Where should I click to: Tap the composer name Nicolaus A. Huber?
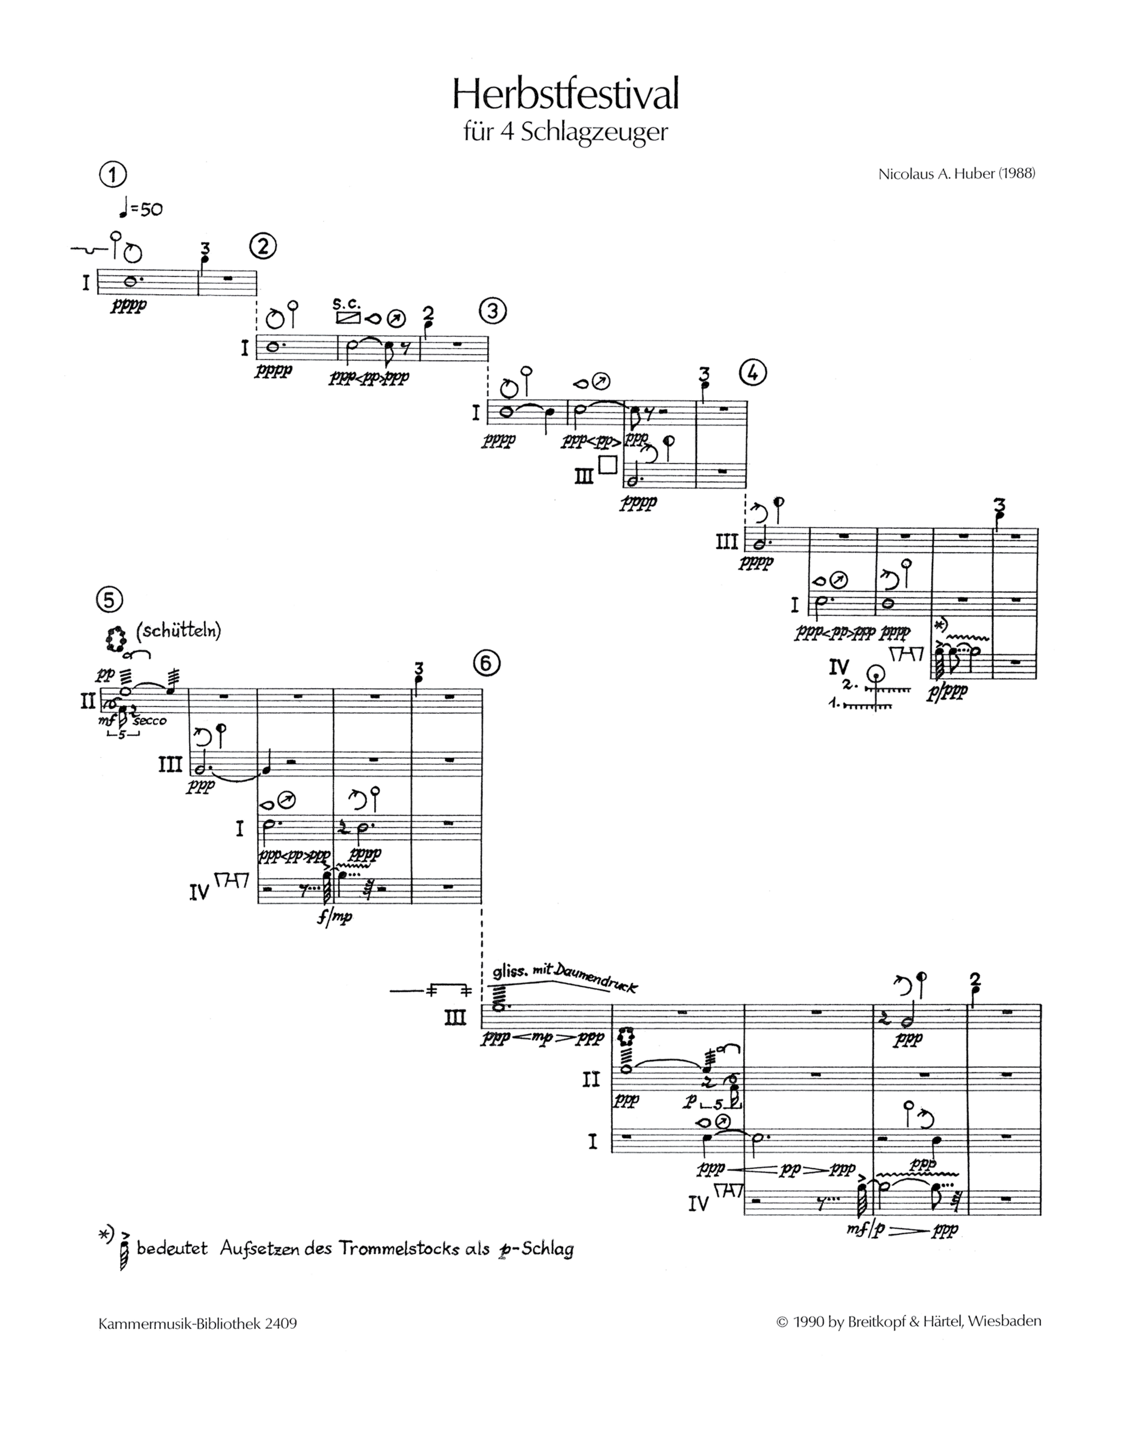coord(956,174)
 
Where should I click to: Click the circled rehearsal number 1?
coord(113,175)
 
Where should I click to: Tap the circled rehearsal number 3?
coord(492,311)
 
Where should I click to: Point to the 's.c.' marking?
coord(346,304)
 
